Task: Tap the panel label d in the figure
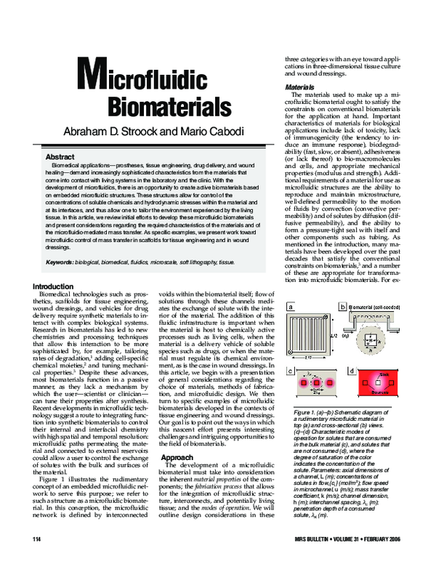point(352,393)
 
